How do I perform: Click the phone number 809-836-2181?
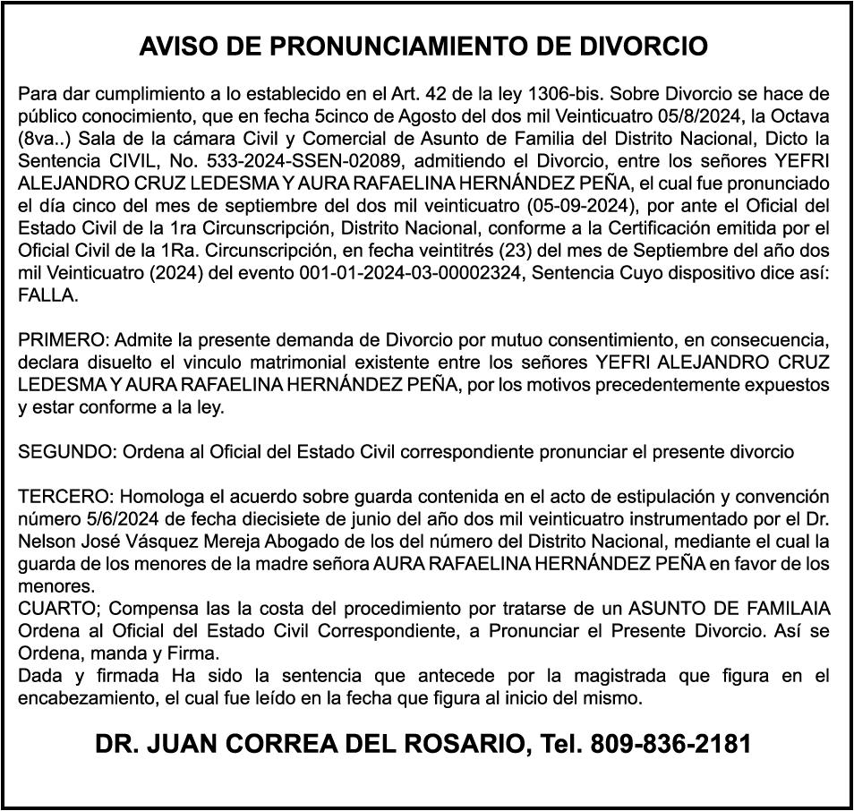tap(671, 744)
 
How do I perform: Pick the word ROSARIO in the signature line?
tap(462, 744)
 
